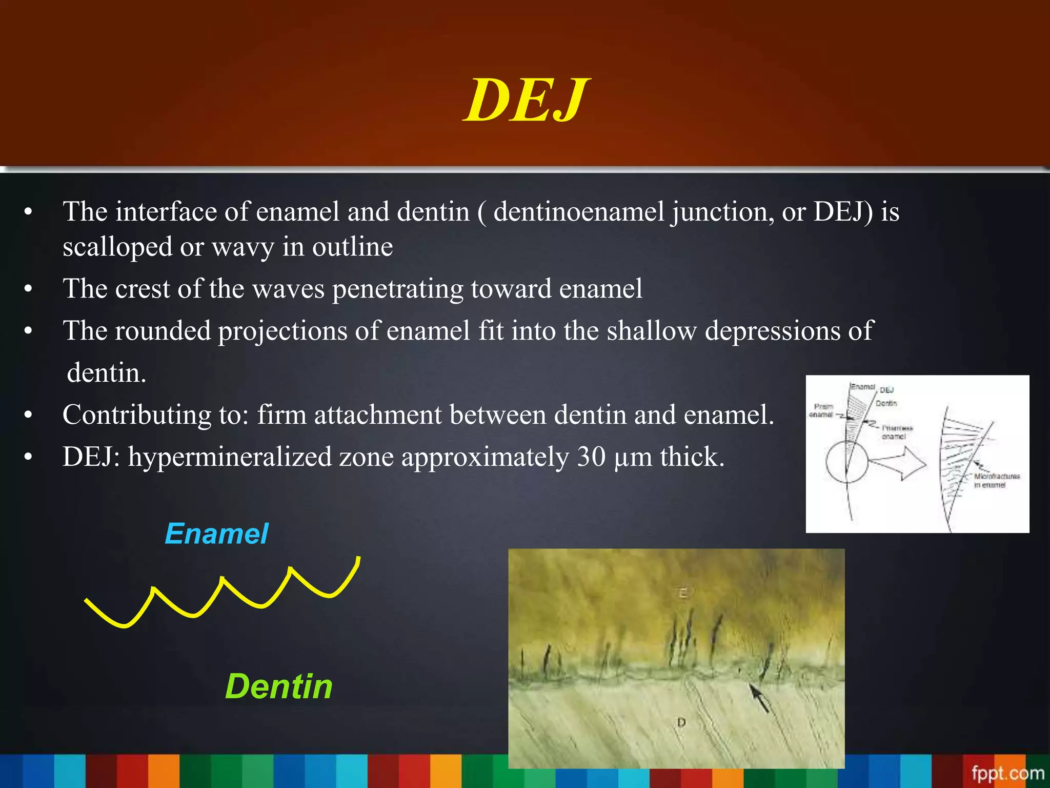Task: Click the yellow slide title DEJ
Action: click(x=526, y=101)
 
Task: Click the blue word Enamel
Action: click(x=216, y=534)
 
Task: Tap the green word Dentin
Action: click(x=279, y=686)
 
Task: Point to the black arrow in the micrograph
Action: click(x=759, y=698)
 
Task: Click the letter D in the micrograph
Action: click(x=681, y=722)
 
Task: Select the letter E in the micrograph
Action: click(x=682, y=594)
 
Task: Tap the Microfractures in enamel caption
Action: click(x=996, y=480)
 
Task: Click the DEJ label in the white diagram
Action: click(x=887, y=390)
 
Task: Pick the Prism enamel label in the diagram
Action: click(x=822, y=410)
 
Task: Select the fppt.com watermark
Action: click(x=1007, y=773)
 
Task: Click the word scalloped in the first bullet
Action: click(x=117, y=247)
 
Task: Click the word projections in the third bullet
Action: click(x=283, y=331)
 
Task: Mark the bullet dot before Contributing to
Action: click(x=28, y=415)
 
